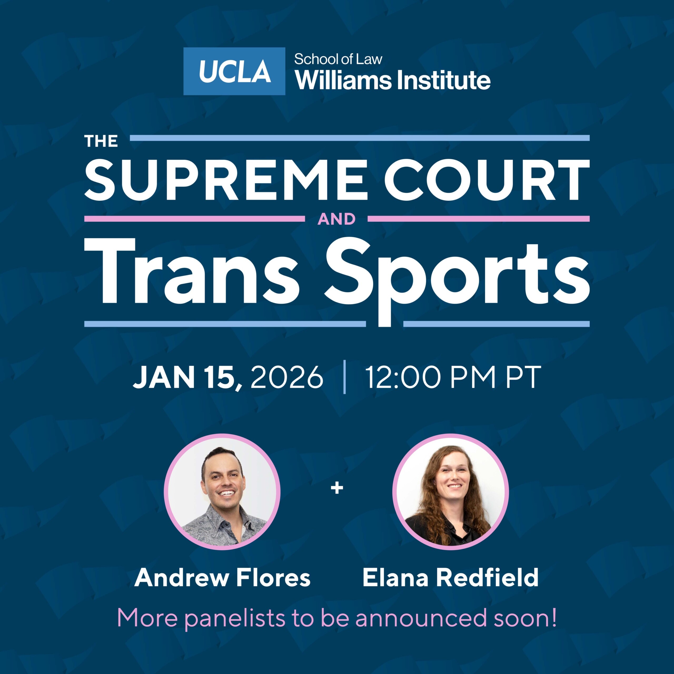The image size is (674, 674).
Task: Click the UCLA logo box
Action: (234, 71)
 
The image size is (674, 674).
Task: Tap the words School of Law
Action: (338, 59)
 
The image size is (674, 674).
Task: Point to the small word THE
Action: (101, 141)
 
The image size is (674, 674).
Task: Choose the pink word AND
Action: (336, 219)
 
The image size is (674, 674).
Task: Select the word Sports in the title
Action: (457, 279)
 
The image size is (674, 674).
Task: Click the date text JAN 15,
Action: (187, 378)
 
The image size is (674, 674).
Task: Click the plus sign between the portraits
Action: (337, 488)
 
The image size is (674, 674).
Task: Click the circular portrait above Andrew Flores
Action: (222, 492)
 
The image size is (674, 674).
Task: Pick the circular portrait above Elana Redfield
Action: (450, 492)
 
